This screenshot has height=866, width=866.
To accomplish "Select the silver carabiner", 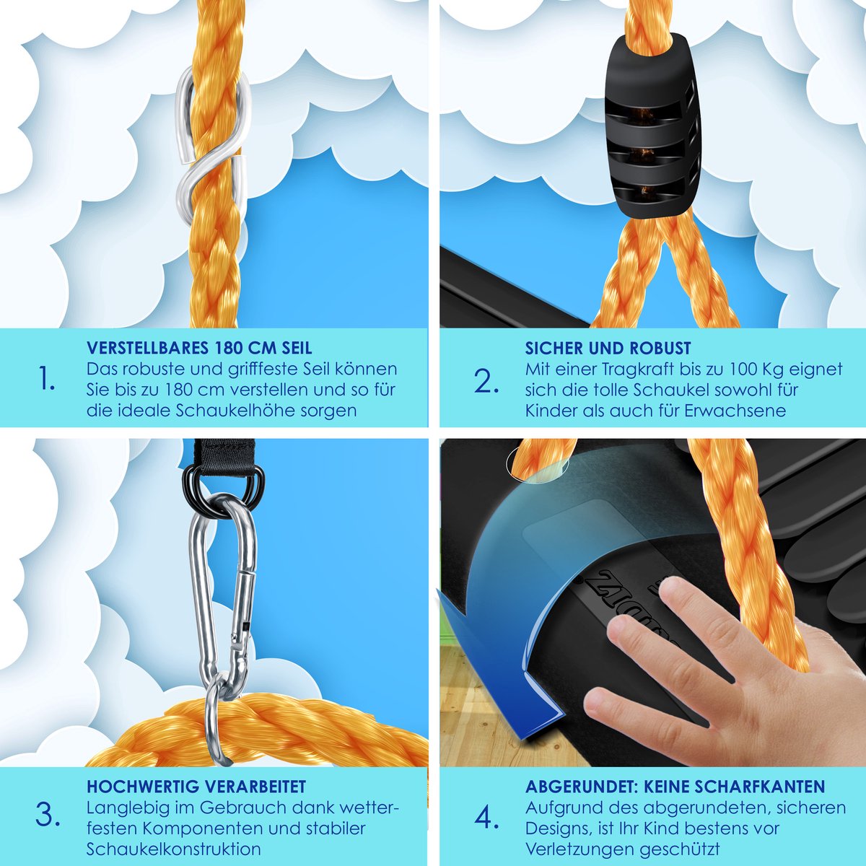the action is pyautogui.click(x=223, y=598).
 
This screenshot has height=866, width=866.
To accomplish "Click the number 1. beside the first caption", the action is pyautogui.click(x=47, y=377).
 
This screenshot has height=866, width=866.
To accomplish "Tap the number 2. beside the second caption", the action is pyautogui.click(x=486, y=381).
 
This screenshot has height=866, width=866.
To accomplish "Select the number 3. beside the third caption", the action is pyautogui.click(x=48, y=814).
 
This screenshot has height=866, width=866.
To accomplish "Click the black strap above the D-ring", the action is pyautogui.click(x=224, y=458).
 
